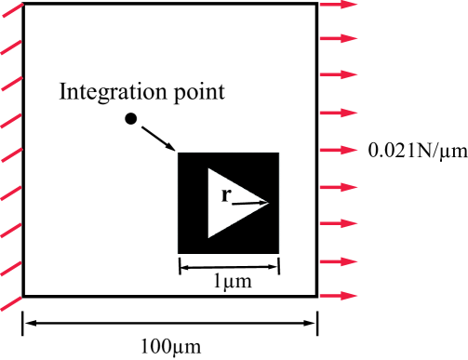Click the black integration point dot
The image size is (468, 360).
(x=131, y=118)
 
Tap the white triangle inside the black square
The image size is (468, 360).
(x=228, y=202)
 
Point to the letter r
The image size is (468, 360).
(x=226, y=194)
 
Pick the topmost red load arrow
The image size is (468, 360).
(x=339, y=6)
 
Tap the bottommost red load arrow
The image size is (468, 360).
(x=339, y=296)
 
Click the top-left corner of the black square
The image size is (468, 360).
(x=180, y=153)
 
